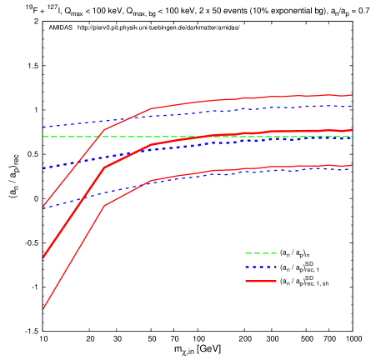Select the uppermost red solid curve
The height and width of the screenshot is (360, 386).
(250, 97)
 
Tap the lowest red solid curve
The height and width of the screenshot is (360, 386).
(250, 168)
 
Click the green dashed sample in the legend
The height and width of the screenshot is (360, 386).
(260, 253)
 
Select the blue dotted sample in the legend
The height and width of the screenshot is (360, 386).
(260, 267)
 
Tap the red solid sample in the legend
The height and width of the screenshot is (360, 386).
(260, 282)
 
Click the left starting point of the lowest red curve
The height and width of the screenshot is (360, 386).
(43, 309)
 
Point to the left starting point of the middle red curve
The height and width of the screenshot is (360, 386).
(43, 257)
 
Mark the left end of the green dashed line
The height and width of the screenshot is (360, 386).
(43, 137)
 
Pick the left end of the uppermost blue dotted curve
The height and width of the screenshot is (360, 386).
(43, 127)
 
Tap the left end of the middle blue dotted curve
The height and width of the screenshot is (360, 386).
(43, 168)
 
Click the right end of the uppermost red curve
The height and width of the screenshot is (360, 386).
(352, 95)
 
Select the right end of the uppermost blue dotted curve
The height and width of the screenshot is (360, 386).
(352, 106)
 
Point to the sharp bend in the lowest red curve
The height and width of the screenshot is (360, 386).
(104, 205)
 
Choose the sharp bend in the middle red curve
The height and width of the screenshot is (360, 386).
(104, 167)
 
